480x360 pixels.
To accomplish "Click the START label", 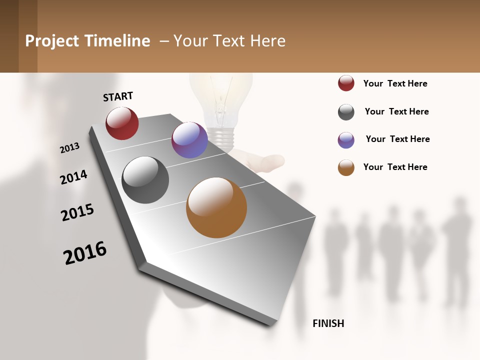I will click(x=118, y=96).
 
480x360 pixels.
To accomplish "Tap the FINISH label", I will click(x=328, y=323).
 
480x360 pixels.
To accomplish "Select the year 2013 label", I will click(x=69, y=148).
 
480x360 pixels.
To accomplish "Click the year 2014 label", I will click(x=73, y=177).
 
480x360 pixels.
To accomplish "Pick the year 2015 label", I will click(x=77, y=212).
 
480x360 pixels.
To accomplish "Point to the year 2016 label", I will click(x=85, y=253).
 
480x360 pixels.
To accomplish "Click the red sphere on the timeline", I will click(x=122, y=123).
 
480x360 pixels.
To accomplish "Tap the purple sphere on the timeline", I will click(x=189, y=140).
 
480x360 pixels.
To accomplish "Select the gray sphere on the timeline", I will click(x=145, y=180).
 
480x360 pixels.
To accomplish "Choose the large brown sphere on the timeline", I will click(x=216, y=207).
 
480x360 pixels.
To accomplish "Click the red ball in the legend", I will click(x=346, y=83).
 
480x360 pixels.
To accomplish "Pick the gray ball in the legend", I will click(x=346, y=112).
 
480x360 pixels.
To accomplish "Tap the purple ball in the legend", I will click(x=346, y=140).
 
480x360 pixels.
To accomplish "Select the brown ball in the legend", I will click(x=346, y=168).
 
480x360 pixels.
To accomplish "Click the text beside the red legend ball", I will click(x=395, y=83).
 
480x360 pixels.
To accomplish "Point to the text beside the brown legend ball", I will click(x=395, y=167).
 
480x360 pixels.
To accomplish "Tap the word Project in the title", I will click(x=52, y=41).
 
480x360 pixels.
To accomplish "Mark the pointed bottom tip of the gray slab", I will click(x=272, y=325).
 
